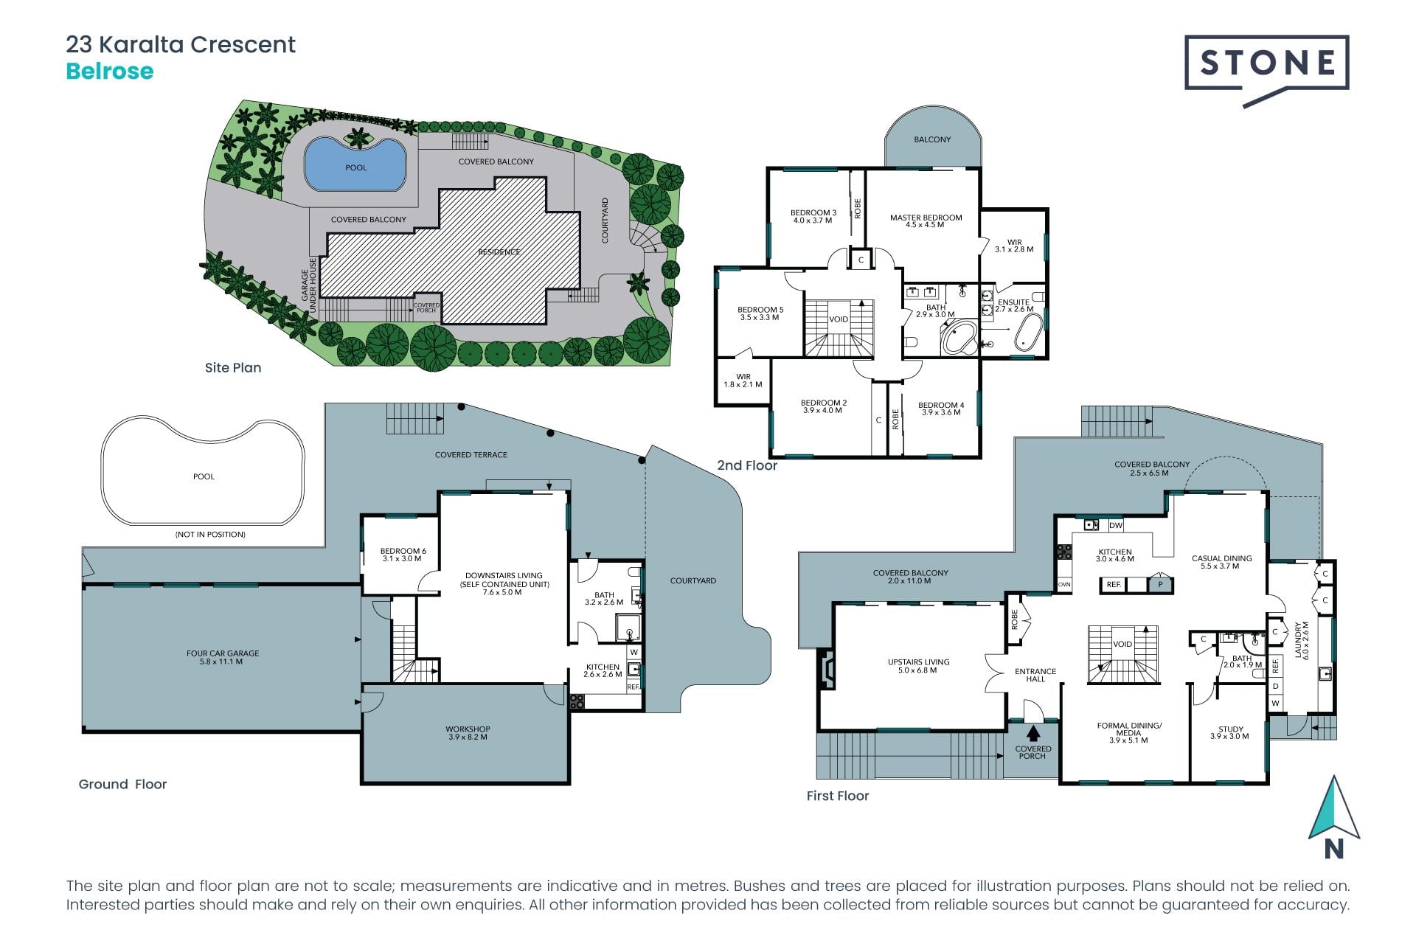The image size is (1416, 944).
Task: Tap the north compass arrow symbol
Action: point(1333,809)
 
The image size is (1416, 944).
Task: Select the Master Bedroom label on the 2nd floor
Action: point(926,221)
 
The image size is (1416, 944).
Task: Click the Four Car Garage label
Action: point(223,657)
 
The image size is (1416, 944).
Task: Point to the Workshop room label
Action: point(468,732)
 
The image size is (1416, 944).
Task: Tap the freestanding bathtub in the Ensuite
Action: point(1028,333)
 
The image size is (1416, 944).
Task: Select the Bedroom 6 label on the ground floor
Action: point(403,555)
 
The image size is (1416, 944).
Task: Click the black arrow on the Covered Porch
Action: point(1033,733)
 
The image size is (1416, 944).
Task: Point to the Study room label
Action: point(1230,732)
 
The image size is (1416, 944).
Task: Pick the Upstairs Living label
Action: point(918,666)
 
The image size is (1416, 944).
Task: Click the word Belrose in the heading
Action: point(110,72)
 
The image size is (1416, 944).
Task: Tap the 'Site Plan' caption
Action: point(233,367)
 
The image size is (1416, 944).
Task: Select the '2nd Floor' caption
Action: point(747,465)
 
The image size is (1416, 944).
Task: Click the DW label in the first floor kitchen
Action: point(1116,526)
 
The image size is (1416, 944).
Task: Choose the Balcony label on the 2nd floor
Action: point(932,139)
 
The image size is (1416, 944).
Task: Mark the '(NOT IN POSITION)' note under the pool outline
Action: point(210,534)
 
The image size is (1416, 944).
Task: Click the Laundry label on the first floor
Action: point(1301,640)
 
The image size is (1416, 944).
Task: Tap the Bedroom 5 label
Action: point(760,313)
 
